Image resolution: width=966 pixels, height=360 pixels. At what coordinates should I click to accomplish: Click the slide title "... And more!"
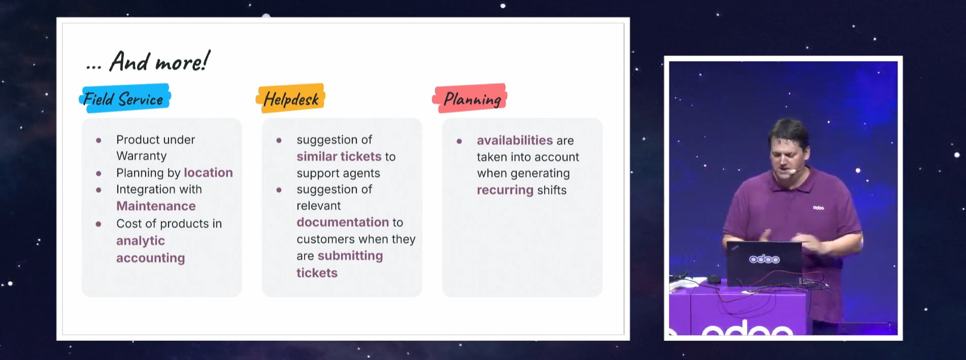pyautogui.click(x=148, y=62)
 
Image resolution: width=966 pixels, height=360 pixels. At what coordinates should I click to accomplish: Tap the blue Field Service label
pyautogui.click(x=124, y=99)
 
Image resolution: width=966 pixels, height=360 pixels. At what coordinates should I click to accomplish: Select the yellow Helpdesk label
pyautogui.click(x=291, y=99)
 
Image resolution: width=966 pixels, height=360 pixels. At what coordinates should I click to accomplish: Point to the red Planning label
pyautogui.click(x=471, y=99)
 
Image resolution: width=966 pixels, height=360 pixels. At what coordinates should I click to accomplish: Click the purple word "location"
pyautogui.click(x=208, y=173)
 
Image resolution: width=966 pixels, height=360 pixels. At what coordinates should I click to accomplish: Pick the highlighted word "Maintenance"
pyautogui.click(x=156, y=206)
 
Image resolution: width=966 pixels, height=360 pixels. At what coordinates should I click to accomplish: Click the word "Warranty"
pyautogui.click(x=141, y=156)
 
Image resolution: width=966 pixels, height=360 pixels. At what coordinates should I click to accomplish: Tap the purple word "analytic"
pyautogui.click(x=141, y=241)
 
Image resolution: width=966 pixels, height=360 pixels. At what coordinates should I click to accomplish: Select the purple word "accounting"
pyautogui.click(x=150, y=258)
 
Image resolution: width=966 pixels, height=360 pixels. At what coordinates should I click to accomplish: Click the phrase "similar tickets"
pyautogui.click(x=339, y=156)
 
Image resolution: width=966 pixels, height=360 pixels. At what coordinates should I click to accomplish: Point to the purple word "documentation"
pyautogui.click(x=343, y=222)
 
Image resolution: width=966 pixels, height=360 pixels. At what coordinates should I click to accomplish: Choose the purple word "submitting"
pyautogui.click(x=350, y=256)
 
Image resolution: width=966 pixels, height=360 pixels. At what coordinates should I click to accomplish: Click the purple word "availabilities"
pyautogui.click(x=515, y=140)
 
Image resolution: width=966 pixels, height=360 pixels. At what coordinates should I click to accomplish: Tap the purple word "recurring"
pyautogui.click(x=505, y=190)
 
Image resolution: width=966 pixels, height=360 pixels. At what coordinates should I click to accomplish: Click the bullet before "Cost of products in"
pyautogui.click(x=98, y=224)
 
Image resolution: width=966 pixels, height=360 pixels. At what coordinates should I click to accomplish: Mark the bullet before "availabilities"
pyautogui.click(x=459, y=141)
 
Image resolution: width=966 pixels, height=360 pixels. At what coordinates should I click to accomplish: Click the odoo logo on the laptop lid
pyautogui.click(x=764, y=259)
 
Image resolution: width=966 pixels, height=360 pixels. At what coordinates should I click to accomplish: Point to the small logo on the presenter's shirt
pyautogui.click(x=818, y=208)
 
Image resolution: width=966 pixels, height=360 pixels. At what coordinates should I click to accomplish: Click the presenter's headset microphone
pyautogui.click(x=791, y=172)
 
